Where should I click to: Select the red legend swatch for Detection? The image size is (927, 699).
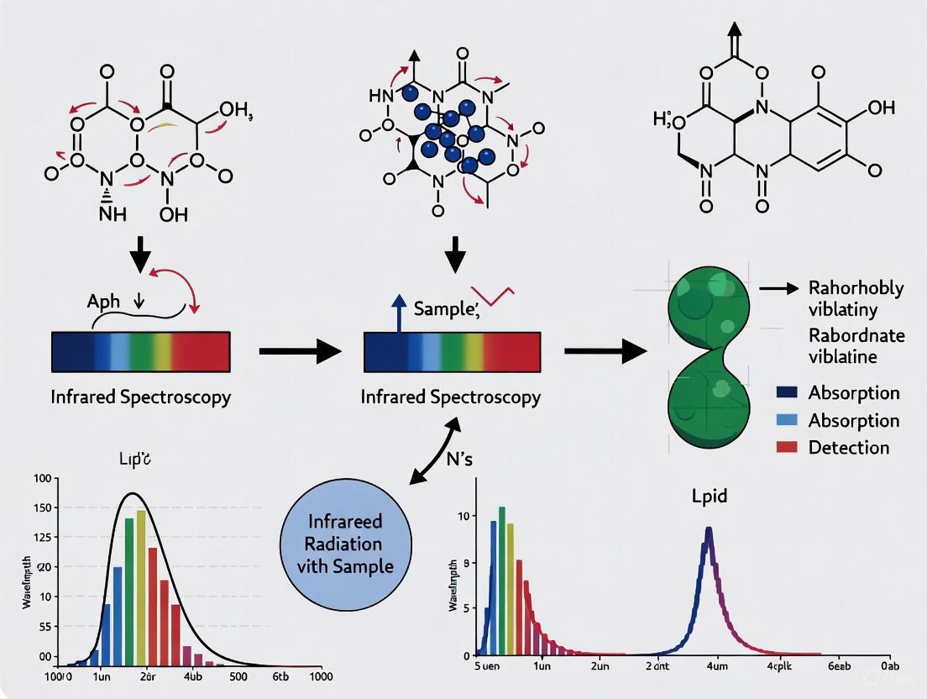click(786, 447)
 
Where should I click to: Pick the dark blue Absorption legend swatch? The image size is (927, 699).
click(786, 392)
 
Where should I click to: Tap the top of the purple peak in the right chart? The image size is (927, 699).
click(709, 528)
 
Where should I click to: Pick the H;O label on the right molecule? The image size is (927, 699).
click(669, 120)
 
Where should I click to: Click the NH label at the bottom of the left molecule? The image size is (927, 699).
click(112, 213)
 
